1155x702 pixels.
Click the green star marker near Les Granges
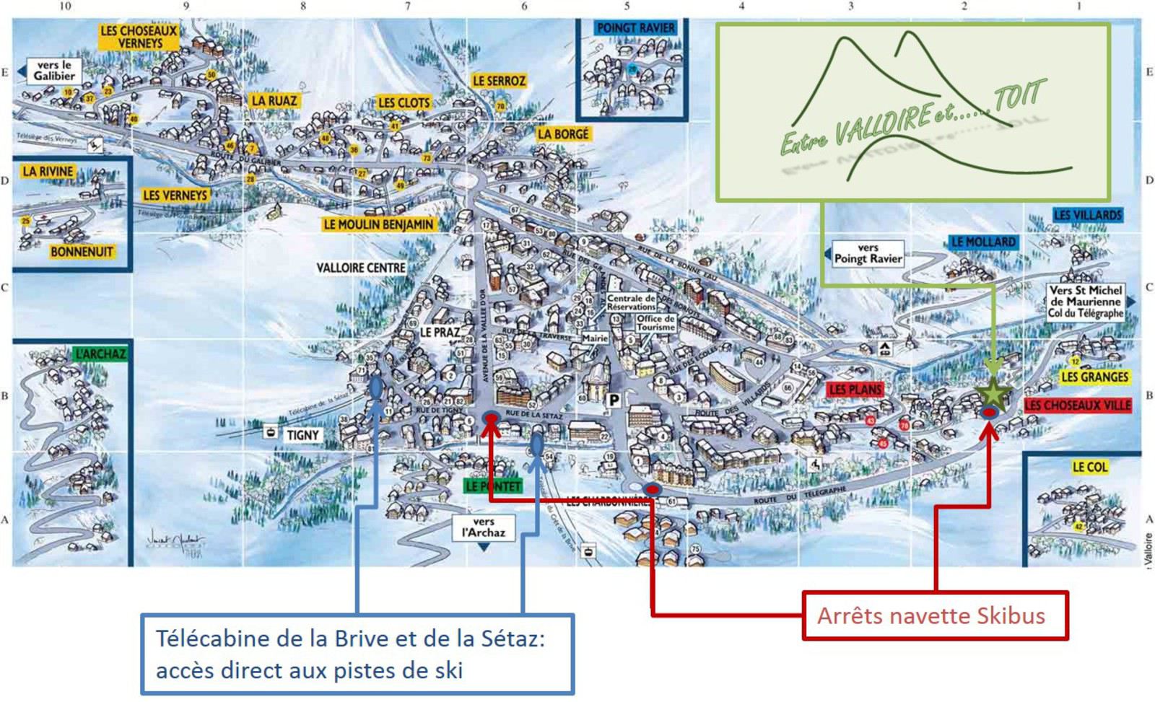994,393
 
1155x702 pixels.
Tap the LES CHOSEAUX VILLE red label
1077,405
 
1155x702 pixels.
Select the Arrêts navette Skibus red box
936,615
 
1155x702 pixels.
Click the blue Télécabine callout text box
357,654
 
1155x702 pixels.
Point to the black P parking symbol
614,400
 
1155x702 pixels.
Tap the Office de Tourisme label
655,323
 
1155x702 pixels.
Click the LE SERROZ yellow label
499,81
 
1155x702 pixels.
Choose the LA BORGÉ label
563,133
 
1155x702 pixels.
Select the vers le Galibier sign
53,70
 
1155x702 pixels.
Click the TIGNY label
302,435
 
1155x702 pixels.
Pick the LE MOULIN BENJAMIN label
378,224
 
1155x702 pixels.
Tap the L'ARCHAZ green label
100,354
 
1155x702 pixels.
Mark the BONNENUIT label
82,251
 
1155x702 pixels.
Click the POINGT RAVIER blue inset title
635,28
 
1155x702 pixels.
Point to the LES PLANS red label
855,390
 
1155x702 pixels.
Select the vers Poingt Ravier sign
868,253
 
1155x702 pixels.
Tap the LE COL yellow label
1089,467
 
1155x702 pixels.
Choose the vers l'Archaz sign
484,527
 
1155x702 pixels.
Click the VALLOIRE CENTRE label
361,268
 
